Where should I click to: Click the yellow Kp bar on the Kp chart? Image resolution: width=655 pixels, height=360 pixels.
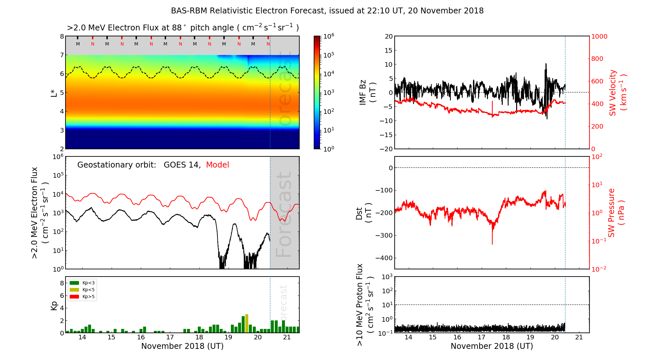click(247, 323)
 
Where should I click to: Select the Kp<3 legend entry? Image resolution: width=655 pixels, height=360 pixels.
click(82, 283)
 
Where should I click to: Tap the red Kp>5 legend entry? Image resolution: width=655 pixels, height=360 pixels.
click(82, 297)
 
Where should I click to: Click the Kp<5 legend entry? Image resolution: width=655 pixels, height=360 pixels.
click(82, 290)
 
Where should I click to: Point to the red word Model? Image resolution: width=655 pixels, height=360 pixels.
click(217, 165)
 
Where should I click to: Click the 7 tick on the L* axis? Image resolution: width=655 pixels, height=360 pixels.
click(62, 55)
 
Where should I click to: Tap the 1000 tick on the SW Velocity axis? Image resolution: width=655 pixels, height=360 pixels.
click(599, 36)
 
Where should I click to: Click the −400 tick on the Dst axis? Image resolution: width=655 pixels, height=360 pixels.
click(384, 258)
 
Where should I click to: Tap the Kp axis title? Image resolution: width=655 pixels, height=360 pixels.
click(54, 305)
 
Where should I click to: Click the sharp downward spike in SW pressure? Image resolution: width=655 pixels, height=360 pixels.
click(492, 241)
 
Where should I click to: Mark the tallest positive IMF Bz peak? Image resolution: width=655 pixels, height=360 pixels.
click(546, 64)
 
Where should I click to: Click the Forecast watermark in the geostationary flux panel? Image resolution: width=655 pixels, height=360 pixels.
click(284, 214)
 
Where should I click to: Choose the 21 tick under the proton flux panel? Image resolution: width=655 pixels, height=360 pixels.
click(579, 337)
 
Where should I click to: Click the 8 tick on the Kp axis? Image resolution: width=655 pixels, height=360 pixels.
click(62, 283)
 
